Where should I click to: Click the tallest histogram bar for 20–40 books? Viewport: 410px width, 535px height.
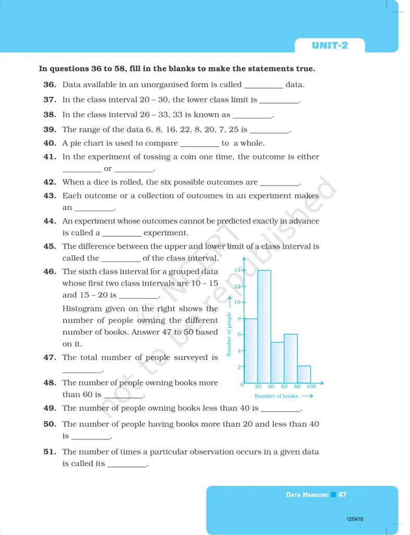[264, 327]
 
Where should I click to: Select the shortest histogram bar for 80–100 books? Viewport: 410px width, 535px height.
[304, 374]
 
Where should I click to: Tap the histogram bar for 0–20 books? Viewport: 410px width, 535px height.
[251, 351]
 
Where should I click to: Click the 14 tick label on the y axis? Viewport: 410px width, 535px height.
[236, 270]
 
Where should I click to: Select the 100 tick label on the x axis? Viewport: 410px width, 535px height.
[311, 387]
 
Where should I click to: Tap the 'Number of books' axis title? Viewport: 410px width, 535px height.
[276, 396]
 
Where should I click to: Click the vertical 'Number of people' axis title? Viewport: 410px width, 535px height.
[228, 334]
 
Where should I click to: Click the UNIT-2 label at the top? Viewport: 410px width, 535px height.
[330, 45]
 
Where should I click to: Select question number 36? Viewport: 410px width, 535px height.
[50, 85]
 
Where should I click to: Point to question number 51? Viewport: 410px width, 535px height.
[50, 451]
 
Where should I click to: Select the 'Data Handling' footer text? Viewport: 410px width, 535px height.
[307, 494]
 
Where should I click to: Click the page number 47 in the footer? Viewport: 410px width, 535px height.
[342, 494]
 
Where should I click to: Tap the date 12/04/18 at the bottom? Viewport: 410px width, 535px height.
[355, 519]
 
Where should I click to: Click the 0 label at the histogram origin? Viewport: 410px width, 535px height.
[242, 386]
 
